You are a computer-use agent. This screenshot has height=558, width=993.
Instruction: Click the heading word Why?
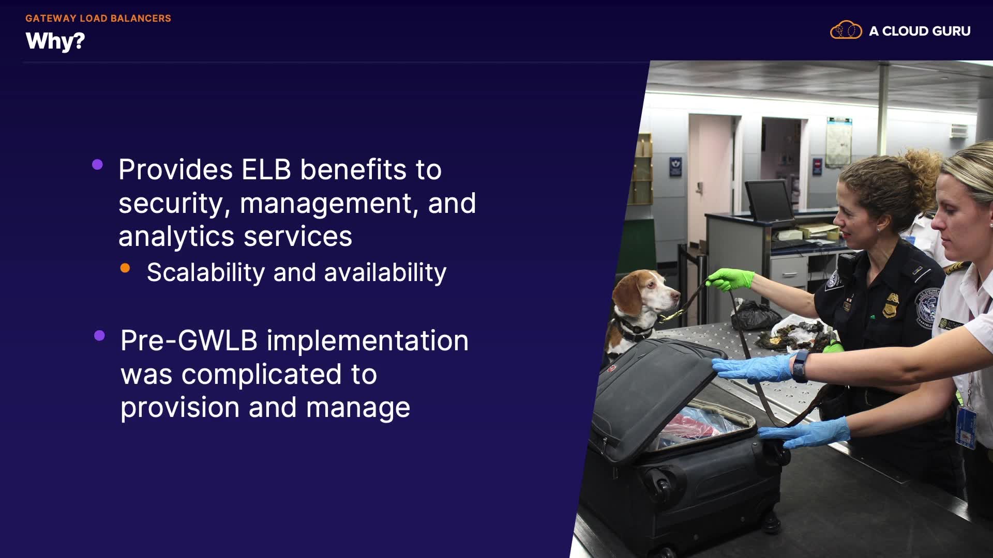(x=55, y=41)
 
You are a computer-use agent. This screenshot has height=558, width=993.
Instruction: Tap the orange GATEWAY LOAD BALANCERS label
(x=98, y=18)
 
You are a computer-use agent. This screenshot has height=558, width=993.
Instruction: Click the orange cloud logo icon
(x=846, y=30)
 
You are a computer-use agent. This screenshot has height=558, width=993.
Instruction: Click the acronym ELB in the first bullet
(x=267, y=169)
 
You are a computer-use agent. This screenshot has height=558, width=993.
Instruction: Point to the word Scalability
(x=206, y=273)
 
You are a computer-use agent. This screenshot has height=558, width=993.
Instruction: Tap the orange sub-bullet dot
(x=125, y=268)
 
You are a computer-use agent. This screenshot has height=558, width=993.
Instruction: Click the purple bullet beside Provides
(x=97, y=165)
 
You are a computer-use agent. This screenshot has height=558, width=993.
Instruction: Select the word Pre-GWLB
(x=189, y=341)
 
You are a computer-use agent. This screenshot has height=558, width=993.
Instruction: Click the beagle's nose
(x=675, y=296)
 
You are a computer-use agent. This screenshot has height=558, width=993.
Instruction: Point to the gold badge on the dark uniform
(x=890, y=305)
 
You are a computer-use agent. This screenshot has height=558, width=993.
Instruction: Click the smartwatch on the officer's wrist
(x=800, y=366)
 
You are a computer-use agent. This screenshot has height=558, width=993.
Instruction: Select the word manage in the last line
(x=358, y=408)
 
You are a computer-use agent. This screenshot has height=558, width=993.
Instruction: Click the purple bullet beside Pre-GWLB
(x=100, y=336)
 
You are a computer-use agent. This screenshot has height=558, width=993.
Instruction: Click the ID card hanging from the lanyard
(x=966, y=427)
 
